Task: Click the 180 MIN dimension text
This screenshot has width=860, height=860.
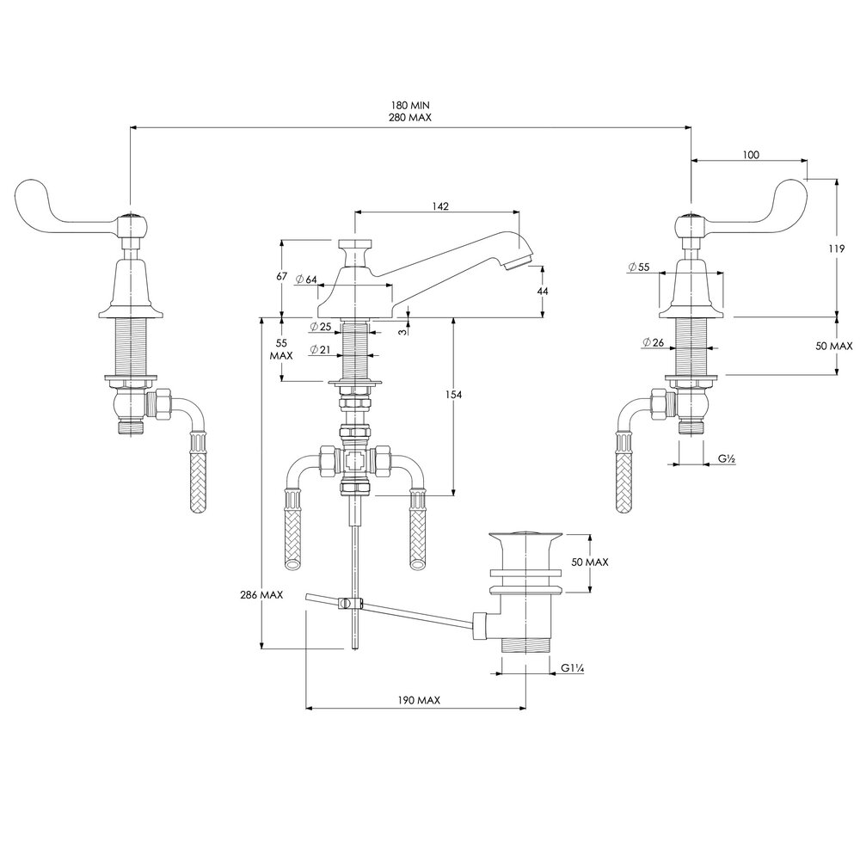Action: [408, 105]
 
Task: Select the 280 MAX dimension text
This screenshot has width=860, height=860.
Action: [408, 118]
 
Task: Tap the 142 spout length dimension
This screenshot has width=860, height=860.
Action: [441, 206]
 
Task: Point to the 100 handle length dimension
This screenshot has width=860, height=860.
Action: [750, 155]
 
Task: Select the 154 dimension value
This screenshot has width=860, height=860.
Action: [454, 395]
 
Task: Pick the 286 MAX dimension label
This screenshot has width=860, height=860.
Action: [262, 595]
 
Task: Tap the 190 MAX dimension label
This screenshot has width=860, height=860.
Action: [419, 701]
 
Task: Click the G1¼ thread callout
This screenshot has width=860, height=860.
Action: [573, 667]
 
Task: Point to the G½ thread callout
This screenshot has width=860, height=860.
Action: [726, 460]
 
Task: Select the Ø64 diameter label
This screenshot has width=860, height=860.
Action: [306, 279]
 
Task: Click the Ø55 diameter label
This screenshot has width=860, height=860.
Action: [639, 267]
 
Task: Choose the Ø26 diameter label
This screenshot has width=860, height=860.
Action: [652, 342]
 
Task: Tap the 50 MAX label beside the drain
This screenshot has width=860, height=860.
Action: [589, 562]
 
